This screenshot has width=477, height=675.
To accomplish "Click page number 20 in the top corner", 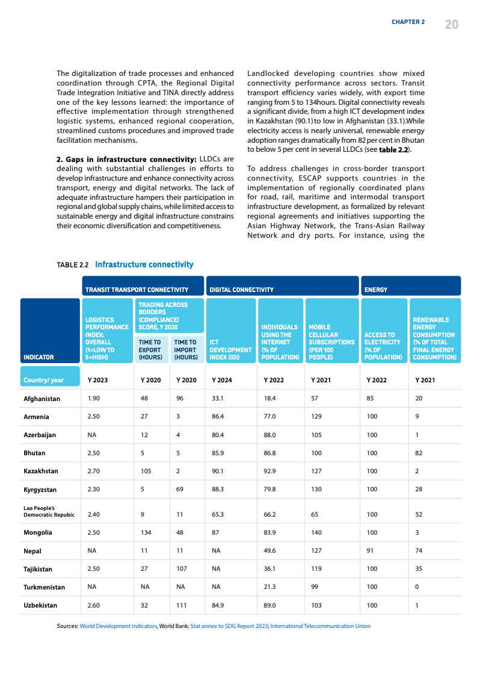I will (x=452, y=24).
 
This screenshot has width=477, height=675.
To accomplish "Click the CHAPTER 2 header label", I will (x=408, y=22).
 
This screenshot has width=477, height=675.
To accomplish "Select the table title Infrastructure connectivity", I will (x=144, y=264).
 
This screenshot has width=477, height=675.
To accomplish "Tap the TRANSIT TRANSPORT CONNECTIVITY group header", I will (x=137, y=290).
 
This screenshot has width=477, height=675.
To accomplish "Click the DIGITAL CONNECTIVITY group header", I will (x=241, y=290).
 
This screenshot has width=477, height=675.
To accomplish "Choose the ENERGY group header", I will (x=376, y=290).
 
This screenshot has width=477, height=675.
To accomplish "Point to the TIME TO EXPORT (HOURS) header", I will (x=150, y=349).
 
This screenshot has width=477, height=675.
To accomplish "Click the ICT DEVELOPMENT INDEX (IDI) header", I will (x=230, y=349).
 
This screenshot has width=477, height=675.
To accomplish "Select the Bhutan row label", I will (x=34, y=453).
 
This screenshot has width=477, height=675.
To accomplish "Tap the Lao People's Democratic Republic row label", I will (x=49, y=512).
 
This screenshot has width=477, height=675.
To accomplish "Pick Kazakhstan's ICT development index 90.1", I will (x=218, y=471).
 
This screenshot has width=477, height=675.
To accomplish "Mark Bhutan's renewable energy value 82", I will (x=419, y=453).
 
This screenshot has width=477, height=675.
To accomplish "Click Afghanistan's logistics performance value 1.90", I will (x=94, y=398).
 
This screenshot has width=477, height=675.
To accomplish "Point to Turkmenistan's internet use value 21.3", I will (x=269, y=586).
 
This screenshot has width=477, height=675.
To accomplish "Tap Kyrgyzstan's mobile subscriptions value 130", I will (x=316, y=490).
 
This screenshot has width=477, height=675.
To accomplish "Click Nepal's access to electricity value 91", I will (x=370, y=550).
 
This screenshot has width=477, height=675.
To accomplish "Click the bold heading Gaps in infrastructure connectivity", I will (x=126, y=159).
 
